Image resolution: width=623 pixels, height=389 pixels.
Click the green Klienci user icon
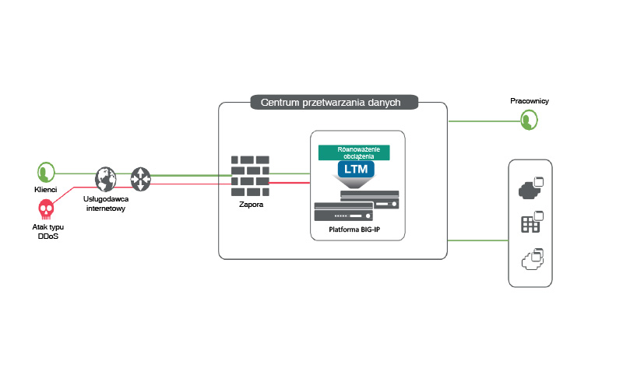point(45,173)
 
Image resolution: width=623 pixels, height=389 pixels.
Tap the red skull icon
point(45,209)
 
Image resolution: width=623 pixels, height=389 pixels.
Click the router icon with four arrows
point(140,178)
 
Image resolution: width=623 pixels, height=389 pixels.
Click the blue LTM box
point(356,168)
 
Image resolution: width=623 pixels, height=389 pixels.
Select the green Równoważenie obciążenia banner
point(356,152)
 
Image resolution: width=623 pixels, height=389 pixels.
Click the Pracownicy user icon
point(530,119)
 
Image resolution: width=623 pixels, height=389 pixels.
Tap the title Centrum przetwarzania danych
point(335,102)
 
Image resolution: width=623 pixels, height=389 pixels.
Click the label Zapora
point(251,205)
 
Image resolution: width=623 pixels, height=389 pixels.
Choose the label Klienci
point(45,190)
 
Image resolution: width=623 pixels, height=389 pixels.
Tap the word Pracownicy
point(530,101)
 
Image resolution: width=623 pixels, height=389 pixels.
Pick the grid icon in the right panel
point(530,224)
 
